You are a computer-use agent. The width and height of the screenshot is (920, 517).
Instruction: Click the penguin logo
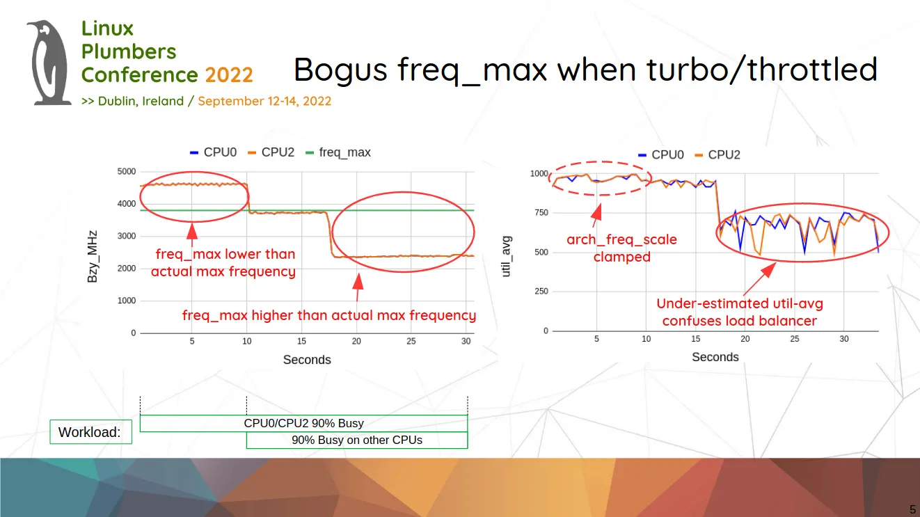49,63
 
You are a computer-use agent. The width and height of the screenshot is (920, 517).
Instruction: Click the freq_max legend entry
338,152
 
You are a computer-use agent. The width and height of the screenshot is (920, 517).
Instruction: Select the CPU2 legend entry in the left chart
271,152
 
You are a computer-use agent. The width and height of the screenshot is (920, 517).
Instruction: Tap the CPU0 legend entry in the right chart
661,154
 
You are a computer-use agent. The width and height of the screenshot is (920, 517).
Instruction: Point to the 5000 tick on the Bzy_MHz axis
127,171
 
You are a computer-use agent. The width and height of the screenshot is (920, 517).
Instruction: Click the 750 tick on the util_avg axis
541,213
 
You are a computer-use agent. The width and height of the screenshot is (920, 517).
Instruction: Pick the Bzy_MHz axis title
93,257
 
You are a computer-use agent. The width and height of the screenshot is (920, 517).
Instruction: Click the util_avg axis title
507,257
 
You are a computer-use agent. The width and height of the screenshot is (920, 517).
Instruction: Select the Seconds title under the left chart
307,360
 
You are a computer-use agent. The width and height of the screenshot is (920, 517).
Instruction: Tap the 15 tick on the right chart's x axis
695,339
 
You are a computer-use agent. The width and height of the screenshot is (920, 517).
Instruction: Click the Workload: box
90,431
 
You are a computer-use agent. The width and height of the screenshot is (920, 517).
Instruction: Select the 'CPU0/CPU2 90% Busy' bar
303,423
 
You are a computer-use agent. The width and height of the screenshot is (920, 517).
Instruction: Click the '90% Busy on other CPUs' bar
357,440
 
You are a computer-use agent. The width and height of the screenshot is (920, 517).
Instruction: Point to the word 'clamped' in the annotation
622,257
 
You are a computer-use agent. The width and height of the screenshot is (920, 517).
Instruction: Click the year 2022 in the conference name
229,74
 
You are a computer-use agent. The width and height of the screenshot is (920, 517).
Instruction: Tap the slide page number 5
912,509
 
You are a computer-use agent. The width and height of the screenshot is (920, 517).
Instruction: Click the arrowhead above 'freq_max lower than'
192,231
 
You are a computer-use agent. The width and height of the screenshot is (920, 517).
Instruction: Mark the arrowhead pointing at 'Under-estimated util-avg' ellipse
768,271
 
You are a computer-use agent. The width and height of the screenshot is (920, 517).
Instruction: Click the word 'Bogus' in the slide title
340,70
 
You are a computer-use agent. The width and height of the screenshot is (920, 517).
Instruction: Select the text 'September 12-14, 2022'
264,101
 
